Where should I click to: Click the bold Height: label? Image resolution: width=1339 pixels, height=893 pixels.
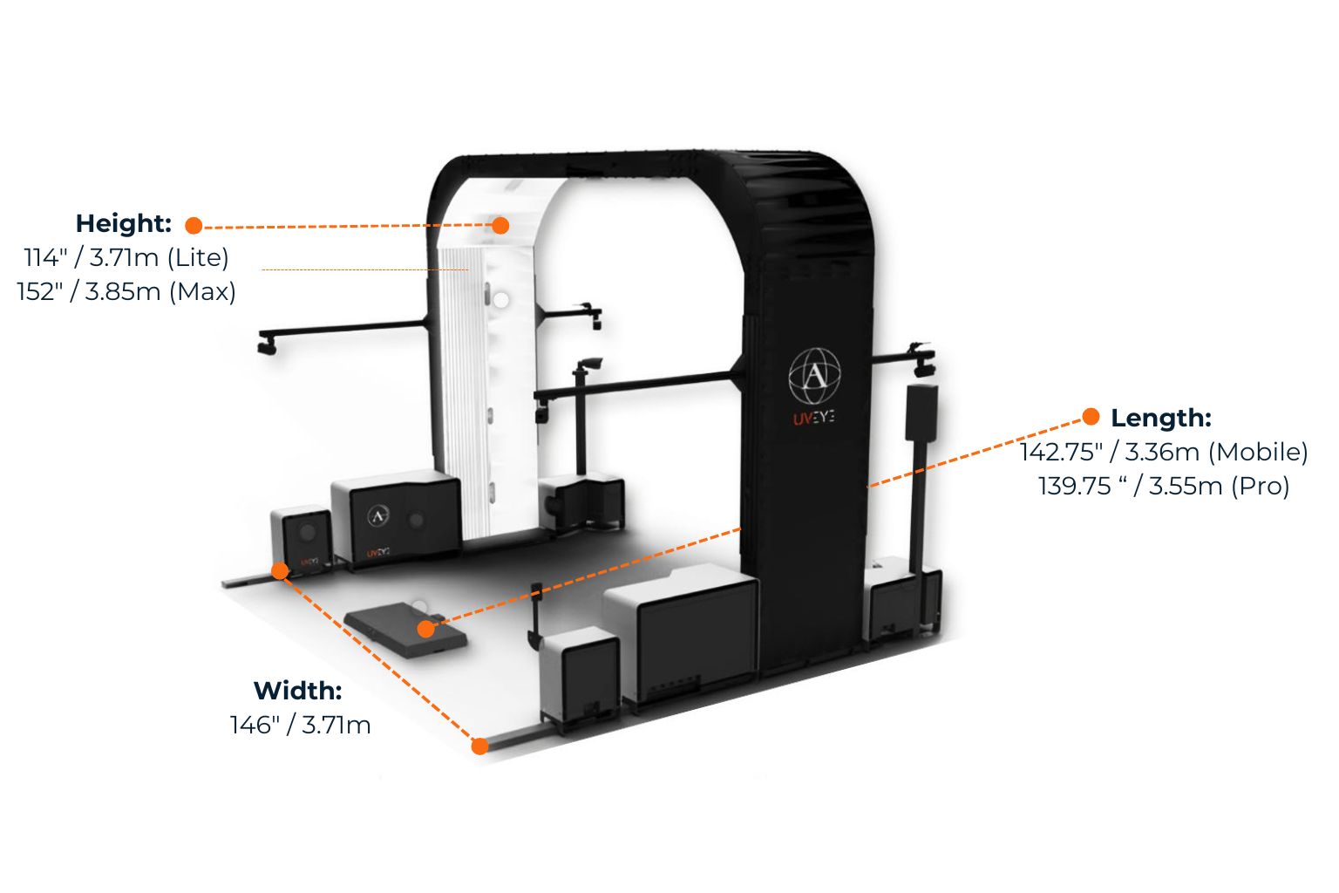point(123,223)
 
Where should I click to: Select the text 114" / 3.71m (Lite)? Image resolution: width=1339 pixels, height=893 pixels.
point(126,257)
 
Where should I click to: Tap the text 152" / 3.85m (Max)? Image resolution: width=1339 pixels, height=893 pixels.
point(126,291)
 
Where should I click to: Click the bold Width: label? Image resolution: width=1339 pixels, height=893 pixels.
point(297,691)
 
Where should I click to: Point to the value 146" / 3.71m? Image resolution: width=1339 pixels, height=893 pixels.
point(301,725)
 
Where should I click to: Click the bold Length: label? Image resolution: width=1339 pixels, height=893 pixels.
point(1160,418)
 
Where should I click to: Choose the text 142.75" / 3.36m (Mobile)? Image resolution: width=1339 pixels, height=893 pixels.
point(1164,452)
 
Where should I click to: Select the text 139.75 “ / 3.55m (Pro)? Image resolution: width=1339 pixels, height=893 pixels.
point(1164,486)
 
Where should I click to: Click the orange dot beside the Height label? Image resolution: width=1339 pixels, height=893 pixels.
point(194,226)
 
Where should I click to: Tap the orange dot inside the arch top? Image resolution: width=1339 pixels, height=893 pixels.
point(500,225)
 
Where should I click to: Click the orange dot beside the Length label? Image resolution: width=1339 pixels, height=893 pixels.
point(1091,417)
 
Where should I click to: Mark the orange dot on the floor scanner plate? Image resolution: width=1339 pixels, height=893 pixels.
point(425,629)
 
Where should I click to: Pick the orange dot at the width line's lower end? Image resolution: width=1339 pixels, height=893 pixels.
point(479,746)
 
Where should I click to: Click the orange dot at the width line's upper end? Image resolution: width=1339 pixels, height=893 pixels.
point(280,571)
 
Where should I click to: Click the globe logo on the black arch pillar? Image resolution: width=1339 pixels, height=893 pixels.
point(814,376)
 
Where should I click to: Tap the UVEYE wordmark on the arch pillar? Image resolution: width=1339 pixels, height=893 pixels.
point(813,419)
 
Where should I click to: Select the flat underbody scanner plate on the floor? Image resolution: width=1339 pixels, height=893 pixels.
point(404,630)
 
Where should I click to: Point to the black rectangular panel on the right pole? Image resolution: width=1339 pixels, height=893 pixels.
point(921,412)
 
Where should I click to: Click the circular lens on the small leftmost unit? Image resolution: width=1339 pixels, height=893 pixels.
point(307,531)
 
